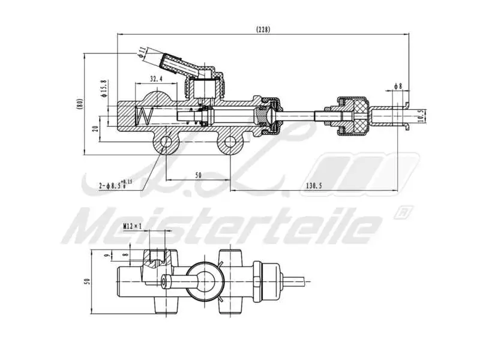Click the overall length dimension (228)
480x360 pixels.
point(263,29)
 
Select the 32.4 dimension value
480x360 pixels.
point(157,79)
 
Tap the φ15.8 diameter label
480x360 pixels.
point(103,88)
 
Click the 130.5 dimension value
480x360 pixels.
point(313,186)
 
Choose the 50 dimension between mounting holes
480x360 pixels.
point(198,175)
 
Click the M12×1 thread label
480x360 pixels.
point(132,226)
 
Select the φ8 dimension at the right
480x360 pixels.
point(398,86)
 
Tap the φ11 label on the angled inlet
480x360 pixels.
point(142,52)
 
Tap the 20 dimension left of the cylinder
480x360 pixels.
point(95,128)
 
